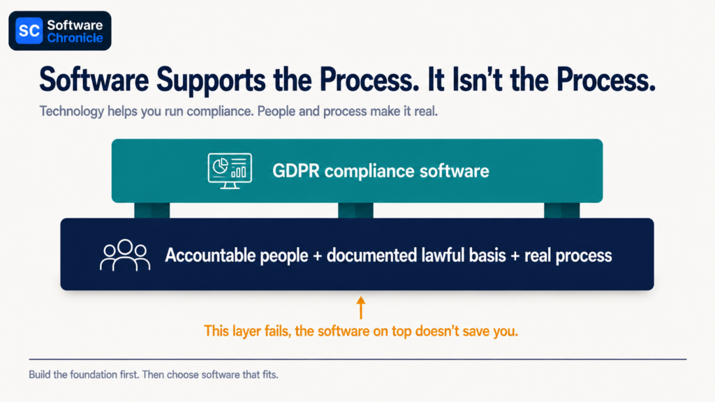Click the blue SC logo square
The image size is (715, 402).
click(29, 31)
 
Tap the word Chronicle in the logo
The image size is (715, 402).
click(75, 38)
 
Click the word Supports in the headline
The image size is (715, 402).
click(211, 80)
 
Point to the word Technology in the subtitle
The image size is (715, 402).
click(72, 112)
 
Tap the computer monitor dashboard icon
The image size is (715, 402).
click(230, 171)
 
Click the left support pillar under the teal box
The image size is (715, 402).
click(152, 210)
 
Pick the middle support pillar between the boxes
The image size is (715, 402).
click(355, 210)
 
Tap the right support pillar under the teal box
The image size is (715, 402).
click(562, 210)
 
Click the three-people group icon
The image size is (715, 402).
click(125, 255)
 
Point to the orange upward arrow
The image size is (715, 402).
click(361, 308)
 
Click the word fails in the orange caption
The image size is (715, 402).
click(277, 331)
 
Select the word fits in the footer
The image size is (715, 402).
click(270, 375)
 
